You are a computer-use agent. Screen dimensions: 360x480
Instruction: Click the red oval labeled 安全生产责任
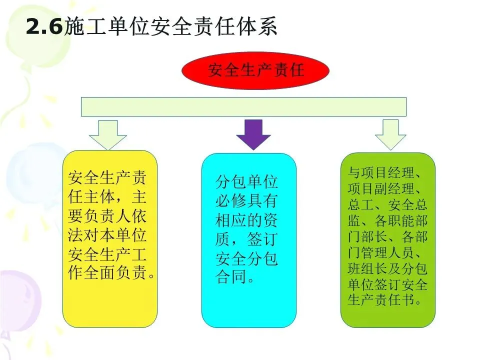coord(255,70)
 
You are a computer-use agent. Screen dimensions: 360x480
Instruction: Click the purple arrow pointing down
coord(253,134)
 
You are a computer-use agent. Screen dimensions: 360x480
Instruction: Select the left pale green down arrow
coord(107,134)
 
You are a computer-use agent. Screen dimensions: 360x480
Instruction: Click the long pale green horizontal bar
coord(243,106)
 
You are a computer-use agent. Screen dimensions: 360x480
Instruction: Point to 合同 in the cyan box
coord(231,277)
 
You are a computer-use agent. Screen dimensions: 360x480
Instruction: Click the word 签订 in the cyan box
coord(262,239)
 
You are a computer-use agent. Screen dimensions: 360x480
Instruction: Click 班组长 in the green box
coord(364,269)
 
